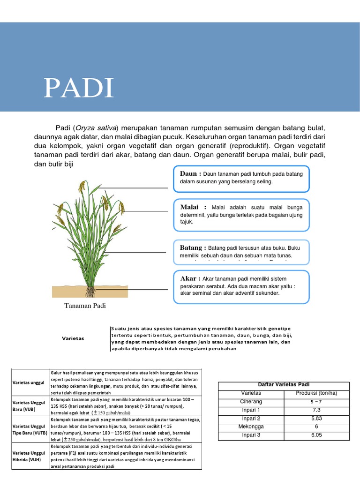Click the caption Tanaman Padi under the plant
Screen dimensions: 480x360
[85, 306]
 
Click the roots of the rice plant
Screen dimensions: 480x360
[90, 292]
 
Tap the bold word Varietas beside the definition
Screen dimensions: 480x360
[73, 338]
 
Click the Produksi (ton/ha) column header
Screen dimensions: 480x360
[316, 393]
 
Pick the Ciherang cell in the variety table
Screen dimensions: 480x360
[251, 401]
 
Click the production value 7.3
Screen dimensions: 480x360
[316, 410]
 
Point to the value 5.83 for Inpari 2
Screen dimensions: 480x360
[316, 418]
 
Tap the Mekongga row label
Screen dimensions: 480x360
[251, 427]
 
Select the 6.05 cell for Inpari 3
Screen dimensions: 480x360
[316, 435]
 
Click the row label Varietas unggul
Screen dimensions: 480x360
[28, 382]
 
